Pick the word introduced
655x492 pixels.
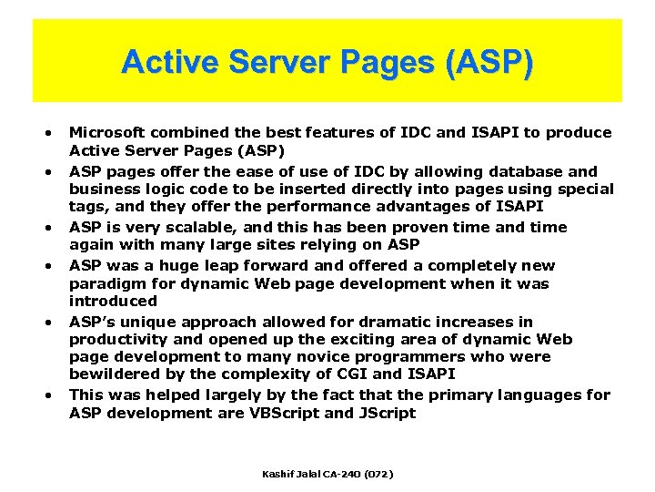coord(113,301)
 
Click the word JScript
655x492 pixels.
coord(385,413)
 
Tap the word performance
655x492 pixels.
coord(310,207)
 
